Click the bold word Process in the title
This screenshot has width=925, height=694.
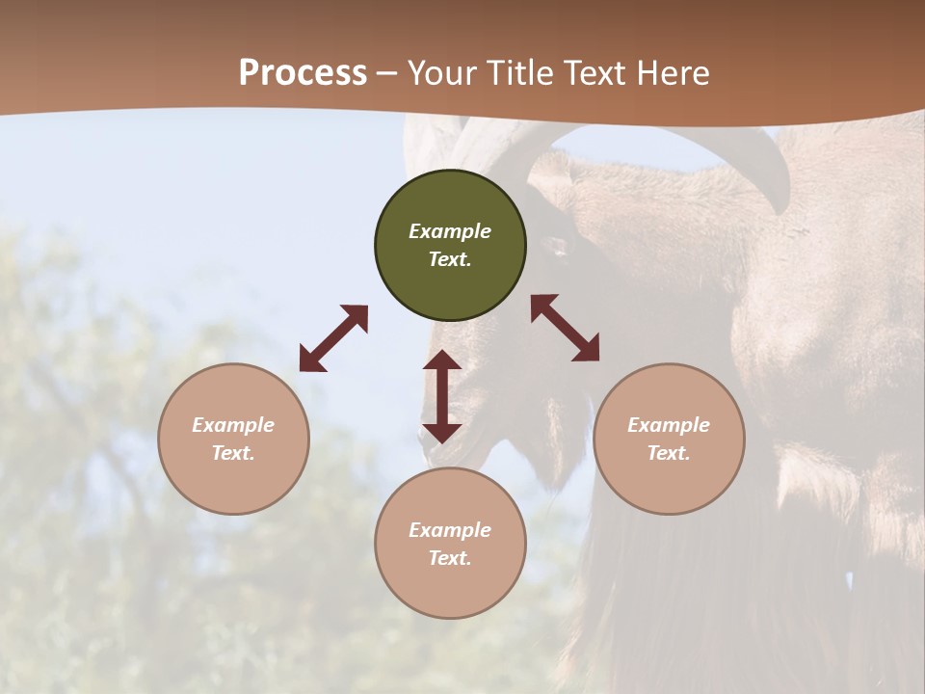pyautogui.click(x=303, y=73)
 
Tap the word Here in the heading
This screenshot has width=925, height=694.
pyautogui.click(x=673, y=73)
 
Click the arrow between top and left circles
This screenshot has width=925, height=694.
pyautogui.click(x=333, y=338)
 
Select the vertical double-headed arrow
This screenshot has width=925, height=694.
pyautogui.click(x=442, y=396)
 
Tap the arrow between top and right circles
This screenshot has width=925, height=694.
pyautogui.click(x=566, y=328)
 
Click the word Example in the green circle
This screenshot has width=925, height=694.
pyautogui.click(x=450, y=231)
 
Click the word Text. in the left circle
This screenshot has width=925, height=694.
pyautogui.click(x=233, y=453)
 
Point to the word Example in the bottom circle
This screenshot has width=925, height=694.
pyautogui.click(x=450, y=530)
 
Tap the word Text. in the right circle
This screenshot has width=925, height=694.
pyautogui.click(x=669, y=453)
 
